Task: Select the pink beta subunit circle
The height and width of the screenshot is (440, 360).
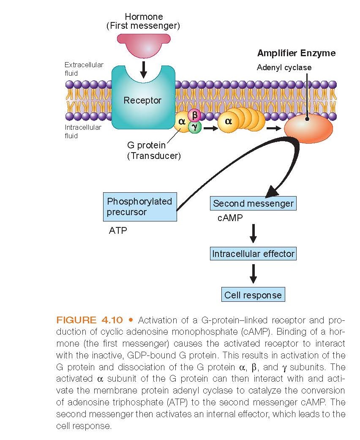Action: click(x=194, y=115)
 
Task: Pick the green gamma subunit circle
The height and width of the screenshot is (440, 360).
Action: click(x=195, y=126)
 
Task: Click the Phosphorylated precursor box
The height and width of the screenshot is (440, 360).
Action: click(x=140, y=206)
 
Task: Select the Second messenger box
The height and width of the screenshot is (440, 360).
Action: click(x=253, y=203)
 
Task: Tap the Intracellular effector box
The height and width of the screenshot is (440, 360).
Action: click(x=253, y=254)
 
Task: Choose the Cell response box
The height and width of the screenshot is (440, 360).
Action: click(x=253, y=295)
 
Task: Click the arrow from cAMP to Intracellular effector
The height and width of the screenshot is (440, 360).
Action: click(x=253, y=233)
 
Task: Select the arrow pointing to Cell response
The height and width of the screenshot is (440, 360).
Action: click(x=253, y=273)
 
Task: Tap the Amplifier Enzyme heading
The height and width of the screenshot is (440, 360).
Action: click(x=296, y=53)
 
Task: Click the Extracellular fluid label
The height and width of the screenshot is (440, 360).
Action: click(x=84, y=69)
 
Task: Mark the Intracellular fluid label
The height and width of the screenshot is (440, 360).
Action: click(x=83, y=131)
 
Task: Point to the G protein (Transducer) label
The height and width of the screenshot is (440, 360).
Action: click(x=154, y=151)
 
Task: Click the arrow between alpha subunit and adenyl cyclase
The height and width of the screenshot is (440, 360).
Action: click(x=274, y=127)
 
